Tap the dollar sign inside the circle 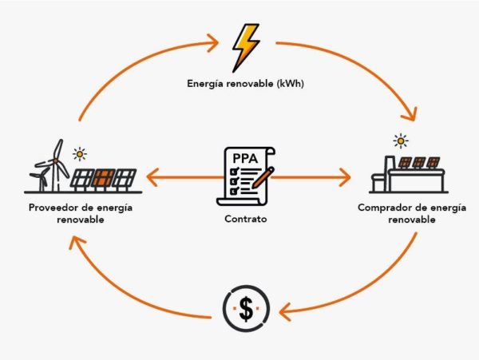click(x=246, y=309)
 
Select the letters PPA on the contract click(x=245, y=159)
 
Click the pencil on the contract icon click(x=263, y=177)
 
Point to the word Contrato click(x=246, y=219)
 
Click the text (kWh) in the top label click(x=291, y=84)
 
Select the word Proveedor click(x=53, y=208)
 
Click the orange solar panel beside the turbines click(x=104, y=178)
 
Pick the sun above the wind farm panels click(x=80, y=154)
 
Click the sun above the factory click(x=401, y=141)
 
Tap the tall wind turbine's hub click(x=56, y=160)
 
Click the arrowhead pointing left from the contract click(x=152, y=177)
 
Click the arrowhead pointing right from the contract click(x=345, y=177)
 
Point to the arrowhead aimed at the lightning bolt click(x=213, y=42)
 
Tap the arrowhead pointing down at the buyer click(x=410, y=114)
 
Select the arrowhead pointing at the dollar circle click(x=285, y=311)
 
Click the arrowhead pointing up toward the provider click(x=77, y=243)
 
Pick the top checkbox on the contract click(x=234, y=170)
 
